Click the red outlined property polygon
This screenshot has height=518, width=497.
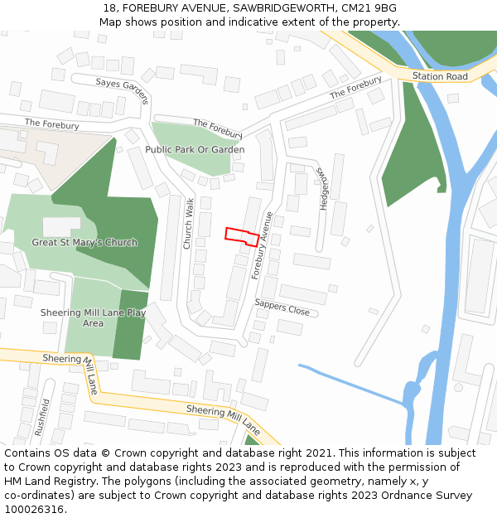tap(240, 236)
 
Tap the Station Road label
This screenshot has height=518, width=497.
tap(440, 76)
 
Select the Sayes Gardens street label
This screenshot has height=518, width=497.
tap(123, 88)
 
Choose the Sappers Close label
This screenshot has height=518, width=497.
tap(282, 307)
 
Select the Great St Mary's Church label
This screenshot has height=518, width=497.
tap(84, 243)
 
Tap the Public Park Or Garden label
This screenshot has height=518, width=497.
tap(195, 150)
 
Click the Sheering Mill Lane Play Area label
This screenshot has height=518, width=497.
tap(93, 317)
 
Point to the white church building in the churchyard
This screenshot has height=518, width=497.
tap(61, 225)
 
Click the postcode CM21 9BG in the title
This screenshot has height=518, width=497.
tap(369, 7)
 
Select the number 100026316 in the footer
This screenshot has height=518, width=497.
tap(34, 510)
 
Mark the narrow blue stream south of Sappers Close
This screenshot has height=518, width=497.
tap(348, 384)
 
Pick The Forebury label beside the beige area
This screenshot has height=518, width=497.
tap(51, 124)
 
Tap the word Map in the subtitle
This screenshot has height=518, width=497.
tap(110, 22)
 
